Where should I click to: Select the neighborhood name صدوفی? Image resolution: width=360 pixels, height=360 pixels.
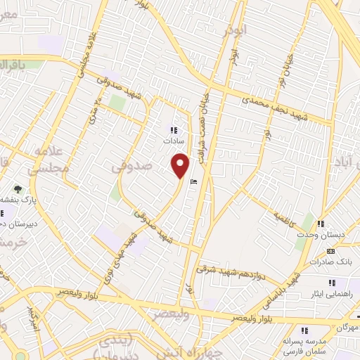[132, 166]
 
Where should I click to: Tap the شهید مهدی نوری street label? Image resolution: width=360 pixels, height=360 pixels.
[119, 259]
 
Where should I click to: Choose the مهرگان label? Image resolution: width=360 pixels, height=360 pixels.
[345, 328]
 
